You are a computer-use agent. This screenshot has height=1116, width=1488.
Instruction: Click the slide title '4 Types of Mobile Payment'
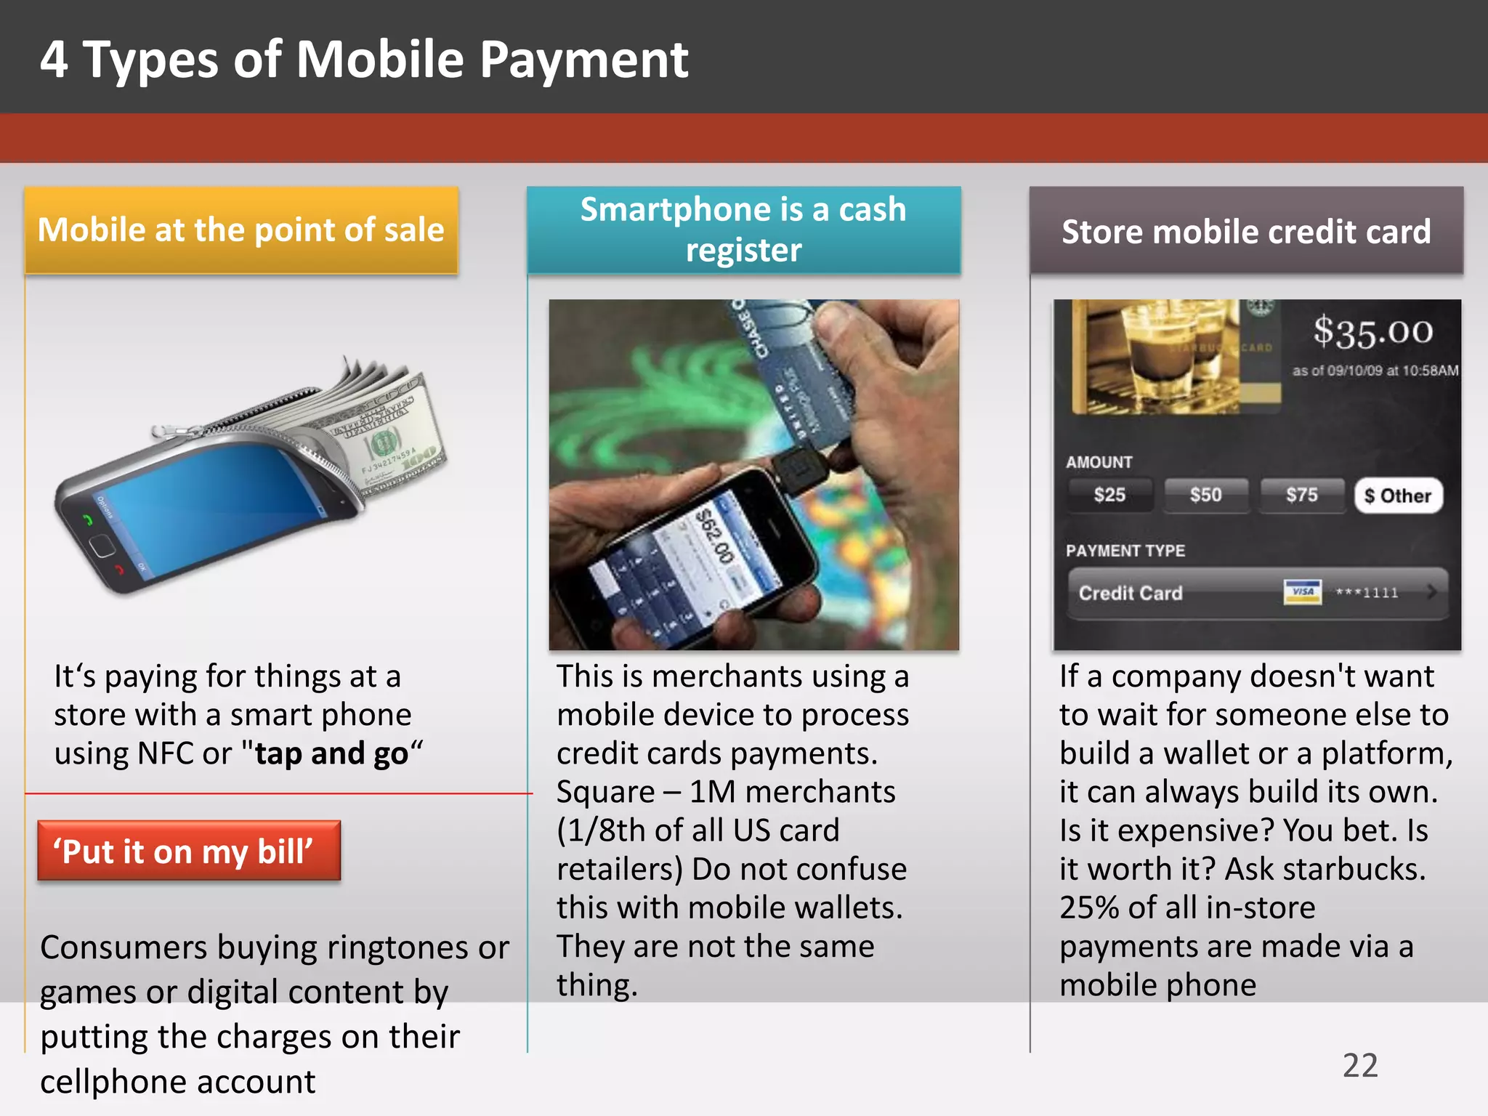363,60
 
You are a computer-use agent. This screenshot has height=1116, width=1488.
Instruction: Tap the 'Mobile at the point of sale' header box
241,230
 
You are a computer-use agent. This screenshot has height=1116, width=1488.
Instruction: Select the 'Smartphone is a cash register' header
743,230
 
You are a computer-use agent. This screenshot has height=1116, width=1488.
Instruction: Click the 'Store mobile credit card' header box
1246,232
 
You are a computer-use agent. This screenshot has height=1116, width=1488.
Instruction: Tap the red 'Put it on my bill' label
188,851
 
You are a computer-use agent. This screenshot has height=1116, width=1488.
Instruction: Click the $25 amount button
1109,496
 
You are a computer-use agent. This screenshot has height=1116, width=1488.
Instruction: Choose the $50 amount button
1205,496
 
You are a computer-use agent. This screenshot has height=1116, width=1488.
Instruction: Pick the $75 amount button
1301,496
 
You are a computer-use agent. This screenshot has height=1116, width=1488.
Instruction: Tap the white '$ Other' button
1398,496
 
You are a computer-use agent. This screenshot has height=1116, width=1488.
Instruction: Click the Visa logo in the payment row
1302,592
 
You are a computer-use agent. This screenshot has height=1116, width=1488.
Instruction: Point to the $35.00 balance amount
1372,332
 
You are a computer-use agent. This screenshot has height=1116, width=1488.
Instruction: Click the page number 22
1360,1066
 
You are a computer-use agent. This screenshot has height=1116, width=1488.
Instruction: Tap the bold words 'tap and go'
331,753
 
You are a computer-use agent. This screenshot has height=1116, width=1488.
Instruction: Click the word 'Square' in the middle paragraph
605,792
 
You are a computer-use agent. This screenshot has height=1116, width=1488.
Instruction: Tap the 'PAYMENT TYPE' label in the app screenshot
1125,551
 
